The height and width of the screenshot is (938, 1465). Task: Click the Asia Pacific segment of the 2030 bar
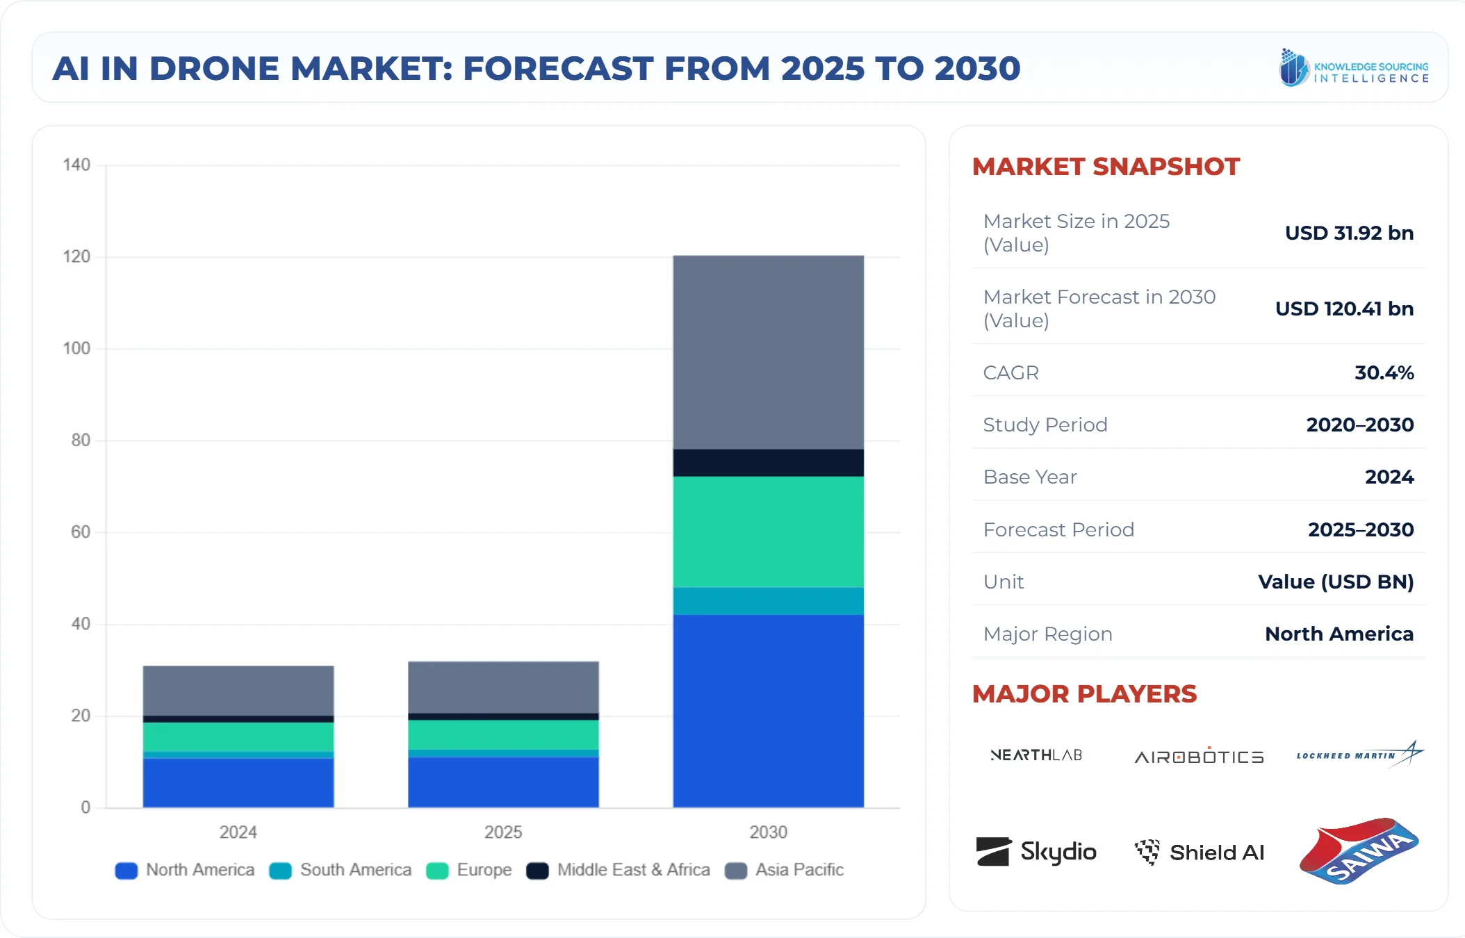768,352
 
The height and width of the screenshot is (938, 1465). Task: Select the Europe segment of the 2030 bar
768,532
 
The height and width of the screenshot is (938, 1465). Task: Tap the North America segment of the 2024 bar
238,782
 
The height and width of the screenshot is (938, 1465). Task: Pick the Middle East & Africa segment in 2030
768,463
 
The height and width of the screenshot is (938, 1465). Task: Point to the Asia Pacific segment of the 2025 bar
503,687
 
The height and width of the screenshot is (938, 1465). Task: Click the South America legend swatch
280,871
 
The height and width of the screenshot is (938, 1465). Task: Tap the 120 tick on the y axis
77,256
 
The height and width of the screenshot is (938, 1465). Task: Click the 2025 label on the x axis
503,832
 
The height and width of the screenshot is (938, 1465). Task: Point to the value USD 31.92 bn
1348,233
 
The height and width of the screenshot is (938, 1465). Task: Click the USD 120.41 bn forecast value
1343,308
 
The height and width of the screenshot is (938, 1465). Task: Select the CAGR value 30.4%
1383,372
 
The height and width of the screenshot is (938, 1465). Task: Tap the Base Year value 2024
1389,477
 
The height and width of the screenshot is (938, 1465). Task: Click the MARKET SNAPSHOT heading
1105,167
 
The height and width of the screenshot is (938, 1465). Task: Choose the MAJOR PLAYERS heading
1084,694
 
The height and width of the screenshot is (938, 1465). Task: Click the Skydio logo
1036,852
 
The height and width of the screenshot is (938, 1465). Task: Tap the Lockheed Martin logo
1359,755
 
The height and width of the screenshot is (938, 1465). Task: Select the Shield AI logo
1199,852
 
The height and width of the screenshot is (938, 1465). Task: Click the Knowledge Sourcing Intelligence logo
1353,68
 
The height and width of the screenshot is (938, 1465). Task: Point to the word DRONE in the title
214,69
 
